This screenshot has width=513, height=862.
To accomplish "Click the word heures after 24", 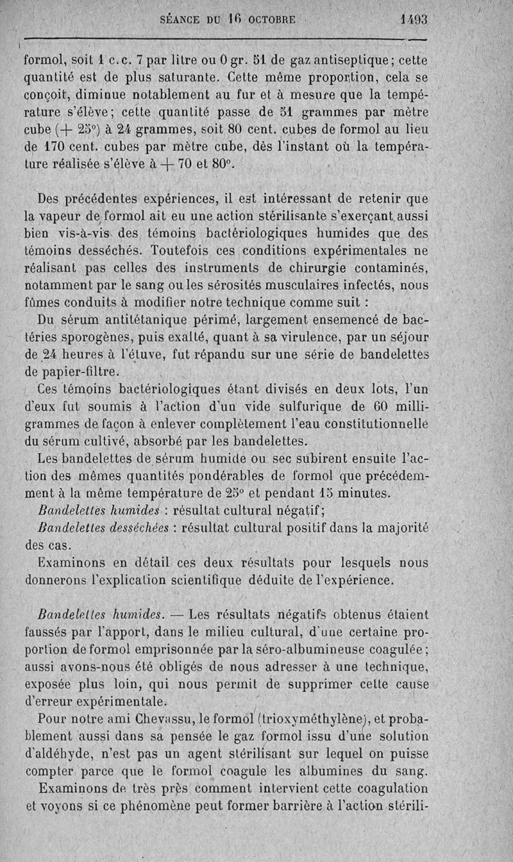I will click(x=88, y=353).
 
